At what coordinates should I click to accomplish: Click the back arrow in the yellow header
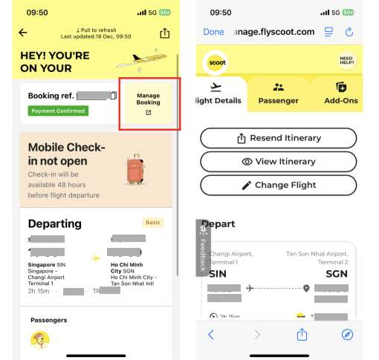[23, 33]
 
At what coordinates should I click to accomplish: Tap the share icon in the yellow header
[164, 33]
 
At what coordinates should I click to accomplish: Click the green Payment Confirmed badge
[59, 111]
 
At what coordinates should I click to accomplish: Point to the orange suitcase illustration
[136, 170]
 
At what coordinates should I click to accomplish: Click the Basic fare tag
[154, 222]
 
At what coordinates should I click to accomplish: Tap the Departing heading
[54, 223]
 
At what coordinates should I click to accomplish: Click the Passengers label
[48, 320]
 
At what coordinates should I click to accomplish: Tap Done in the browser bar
[213, 32]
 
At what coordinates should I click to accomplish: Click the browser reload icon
[349, 32]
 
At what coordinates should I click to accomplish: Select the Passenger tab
[278, 94]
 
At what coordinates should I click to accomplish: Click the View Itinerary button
[279, 162]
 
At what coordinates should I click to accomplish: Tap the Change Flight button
[279, 185]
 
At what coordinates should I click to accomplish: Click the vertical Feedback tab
[201, 248]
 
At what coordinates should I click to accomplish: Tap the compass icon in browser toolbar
[347, 335]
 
